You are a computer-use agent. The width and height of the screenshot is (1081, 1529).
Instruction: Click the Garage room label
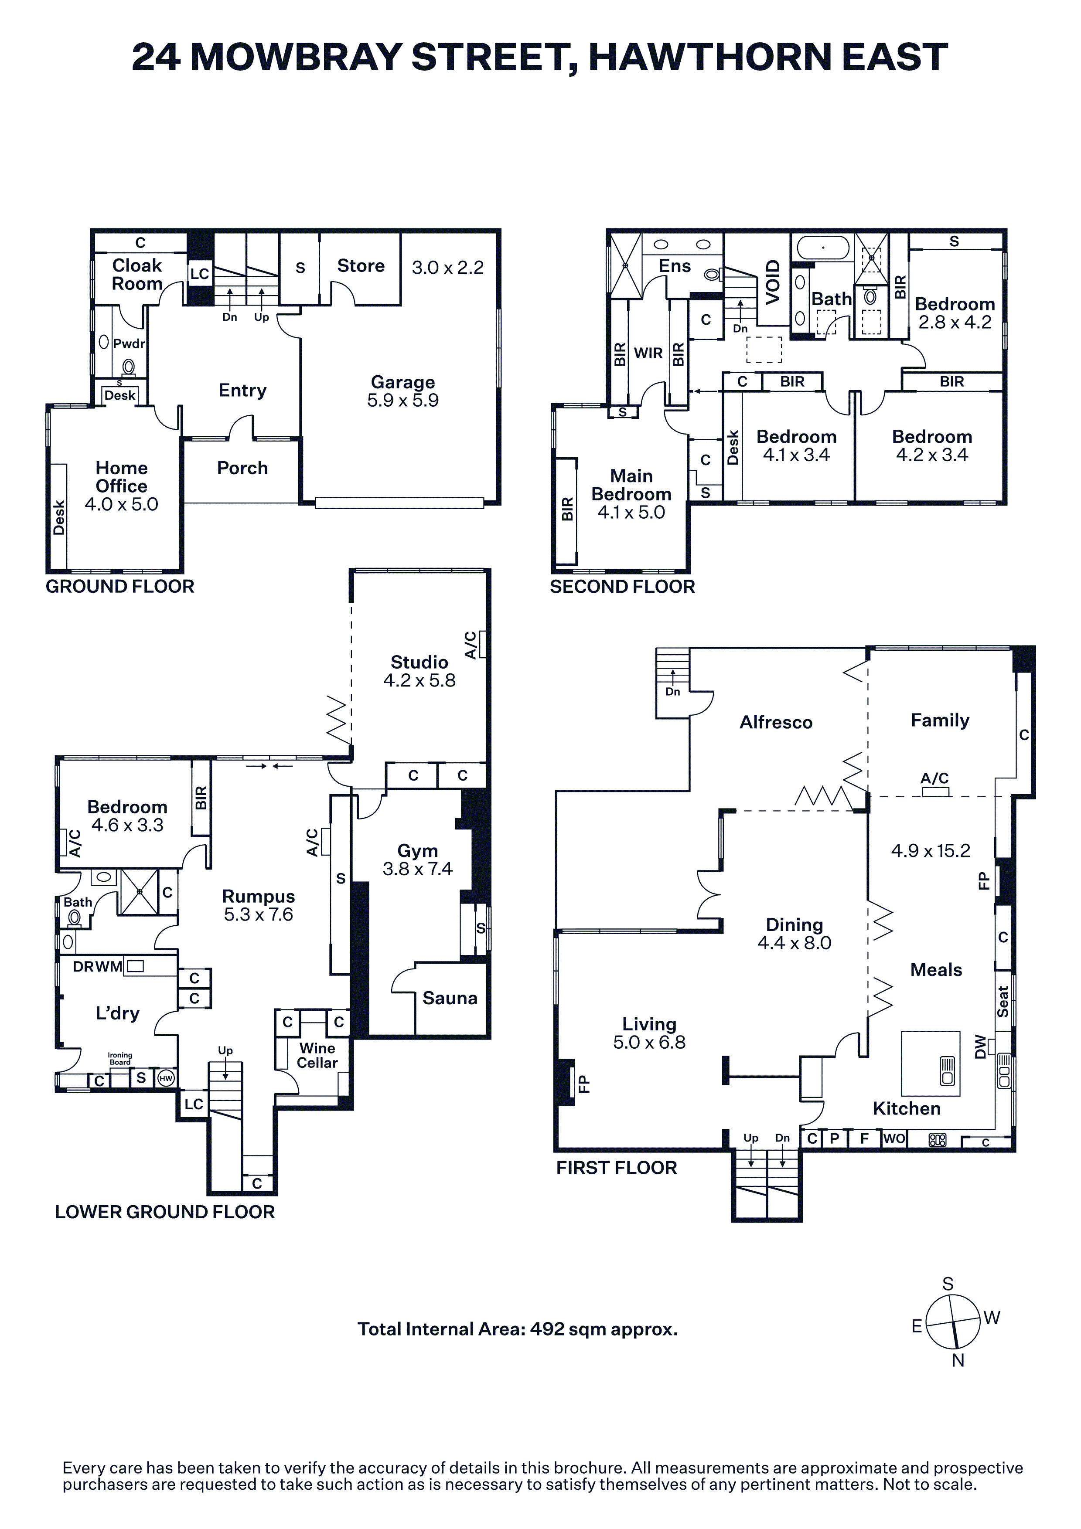coord(403,382)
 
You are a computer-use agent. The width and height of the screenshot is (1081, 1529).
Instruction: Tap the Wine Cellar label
coord(317,1056)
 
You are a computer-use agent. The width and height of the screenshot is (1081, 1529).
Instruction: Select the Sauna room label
coord(450,998)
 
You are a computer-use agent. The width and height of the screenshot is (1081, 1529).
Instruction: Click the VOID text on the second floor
coord(773,282)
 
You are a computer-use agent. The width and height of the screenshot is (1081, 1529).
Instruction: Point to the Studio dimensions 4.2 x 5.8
coord(419,680)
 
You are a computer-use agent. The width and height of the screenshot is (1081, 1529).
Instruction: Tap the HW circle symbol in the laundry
coord(166,1078)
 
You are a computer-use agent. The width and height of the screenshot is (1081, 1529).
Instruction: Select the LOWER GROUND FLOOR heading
coord(164,1212)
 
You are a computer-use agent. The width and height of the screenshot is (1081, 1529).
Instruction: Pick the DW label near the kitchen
coord(979,1046)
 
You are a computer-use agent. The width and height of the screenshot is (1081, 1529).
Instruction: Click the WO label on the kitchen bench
coord(894,1138)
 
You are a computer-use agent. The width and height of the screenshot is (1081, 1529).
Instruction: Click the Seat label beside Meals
coord(1003,1001)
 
